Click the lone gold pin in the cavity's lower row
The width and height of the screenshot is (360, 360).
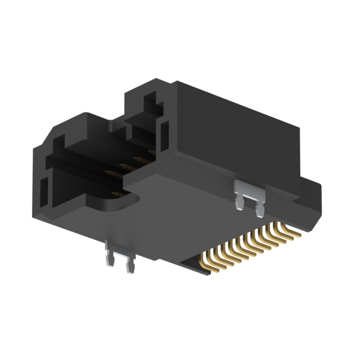pyautogui.click(x=116, y=194)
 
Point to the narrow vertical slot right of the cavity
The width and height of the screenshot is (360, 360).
pyautogui.click(x=164, y=135)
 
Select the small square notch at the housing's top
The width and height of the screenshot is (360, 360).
pyautogui.click(x=151, y=104)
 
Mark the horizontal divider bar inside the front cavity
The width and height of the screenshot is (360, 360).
pyautogui.click(x=84, y=163)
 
